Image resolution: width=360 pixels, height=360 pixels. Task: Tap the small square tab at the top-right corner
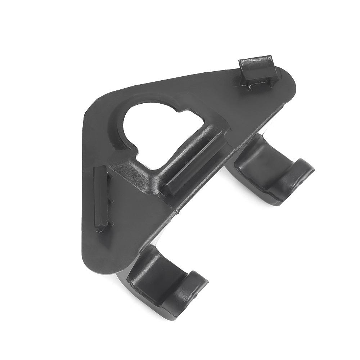point(258,69)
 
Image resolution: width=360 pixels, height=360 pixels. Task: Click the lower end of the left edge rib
point(101,227)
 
